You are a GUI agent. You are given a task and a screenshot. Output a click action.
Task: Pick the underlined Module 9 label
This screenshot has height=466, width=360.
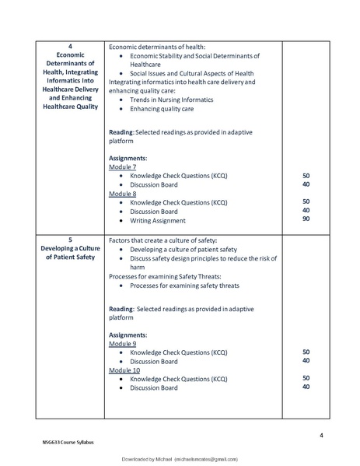(123, 343)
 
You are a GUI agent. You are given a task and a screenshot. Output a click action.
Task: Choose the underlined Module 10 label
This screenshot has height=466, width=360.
(124, 370)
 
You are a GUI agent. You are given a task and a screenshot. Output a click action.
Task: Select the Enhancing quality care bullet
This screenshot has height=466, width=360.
(163, 109)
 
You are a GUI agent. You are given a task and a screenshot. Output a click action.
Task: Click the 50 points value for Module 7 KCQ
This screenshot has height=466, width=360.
(306, 176)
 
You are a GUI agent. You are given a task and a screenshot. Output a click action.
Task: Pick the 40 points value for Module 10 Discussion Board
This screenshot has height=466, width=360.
(306, 387)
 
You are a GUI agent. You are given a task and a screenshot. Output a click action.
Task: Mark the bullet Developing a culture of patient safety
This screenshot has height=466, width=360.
(184, 249)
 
